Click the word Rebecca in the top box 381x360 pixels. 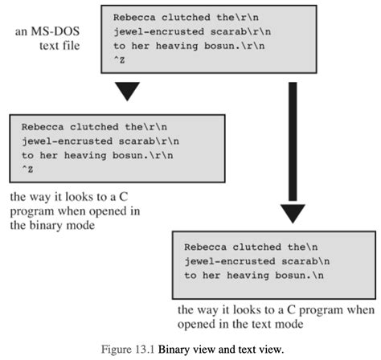coord(135,16)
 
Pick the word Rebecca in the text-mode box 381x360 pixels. coord(206,246)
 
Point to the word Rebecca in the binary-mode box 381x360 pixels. coord(43,126)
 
